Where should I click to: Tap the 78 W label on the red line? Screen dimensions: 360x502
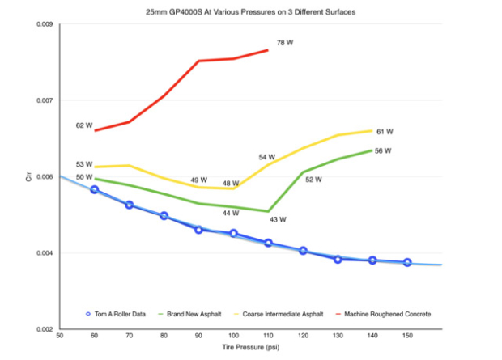284,43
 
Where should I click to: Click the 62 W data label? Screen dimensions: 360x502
84,125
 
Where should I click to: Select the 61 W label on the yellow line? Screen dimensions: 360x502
385,131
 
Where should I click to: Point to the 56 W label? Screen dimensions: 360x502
383,150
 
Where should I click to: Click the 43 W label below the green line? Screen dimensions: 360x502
278,219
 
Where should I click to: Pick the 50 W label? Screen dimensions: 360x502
84,176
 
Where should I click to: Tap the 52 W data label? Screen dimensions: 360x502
313,180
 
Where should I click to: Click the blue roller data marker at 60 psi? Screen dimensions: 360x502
95,189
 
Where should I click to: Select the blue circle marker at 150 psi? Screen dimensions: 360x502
407,262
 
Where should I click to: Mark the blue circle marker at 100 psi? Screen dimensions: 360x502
233,233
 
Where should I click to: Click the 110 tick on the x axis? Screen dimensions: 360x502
268,335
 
